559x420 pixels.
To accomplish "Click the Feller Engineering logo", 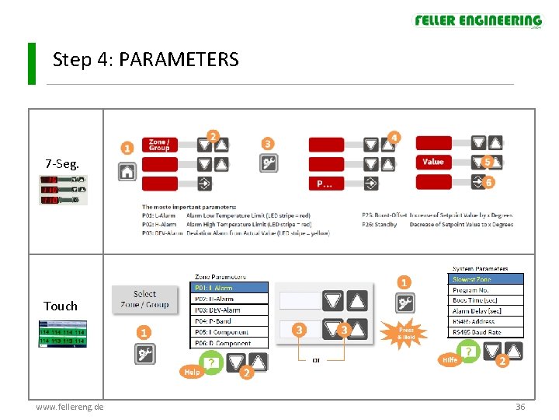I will (x=477, y=21).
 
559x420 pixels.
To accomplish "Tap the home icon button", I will (x=127, y=173).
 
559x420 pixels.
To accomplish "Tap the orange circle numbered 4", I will (x=394, y=138).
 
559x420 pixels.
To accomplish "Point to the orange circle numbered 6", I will (x=488, y=182).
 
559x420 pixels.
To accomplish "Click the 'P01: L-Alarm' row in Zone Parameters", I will (x=229, y=287).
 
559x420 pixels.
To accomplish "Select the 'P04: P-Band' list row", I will (x=229, y=320).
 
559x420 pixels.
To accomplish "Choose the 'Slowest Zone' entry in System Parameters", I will (x=487, y=279).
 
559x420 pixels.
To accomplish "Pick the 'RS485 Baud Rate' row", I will (x=487, y=332).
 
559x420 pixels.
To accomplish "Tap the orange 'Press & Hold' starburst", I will (x=406, y=332).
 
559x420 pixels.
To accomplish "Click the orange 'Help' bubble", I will (x=191, y=372).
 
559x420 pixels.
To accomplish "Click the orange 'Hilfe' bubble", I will (x=450, y=359).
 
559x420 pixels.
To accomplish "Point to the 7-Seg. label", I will (x=61, y=163).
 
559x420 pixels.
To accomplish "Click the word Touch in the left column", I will (x=61, y=306).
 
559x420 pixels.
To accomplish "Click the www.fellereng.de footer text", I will (x=70, y=407).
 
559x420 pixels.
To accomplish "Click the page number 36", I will (x=520, y=407).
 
